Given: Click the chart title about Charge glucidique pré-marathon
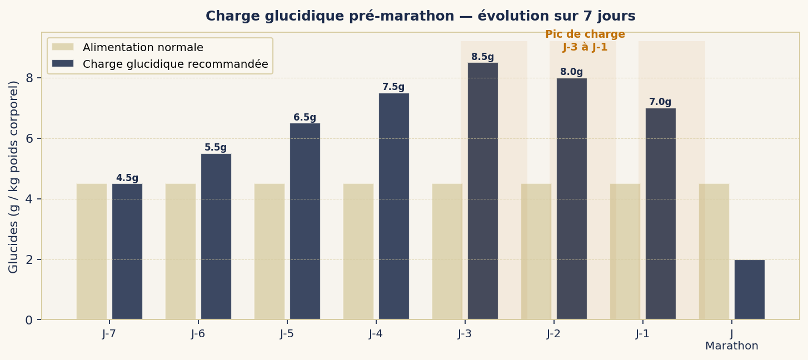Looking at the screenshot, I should [420, 16].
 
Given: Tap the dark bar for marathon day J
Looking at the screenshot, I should [749, 289].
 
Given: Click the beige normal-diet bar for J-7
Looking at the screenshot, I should [92, 251].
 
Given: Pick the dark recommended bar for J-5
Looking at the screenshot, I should [305, 221].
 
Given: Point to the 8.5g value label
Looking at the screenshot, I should [482, 57].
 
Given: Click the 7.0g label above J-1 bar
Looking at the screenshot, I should [660, 102].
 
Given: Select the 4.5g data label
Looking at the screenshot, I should [127, 178].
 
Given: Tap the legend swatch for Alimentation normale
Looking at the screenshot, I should [62, 47].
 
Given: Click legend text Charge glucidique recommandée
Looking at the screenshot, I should [175, 64].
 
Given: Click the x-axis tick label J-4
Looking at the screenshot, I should [376, 334].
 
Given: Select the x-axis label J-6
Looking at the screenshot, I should [198, 334].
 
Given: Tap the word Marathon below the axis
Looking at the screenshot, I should [731, 346].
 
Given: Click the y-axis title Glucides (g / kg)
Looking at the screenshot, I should [14, 177].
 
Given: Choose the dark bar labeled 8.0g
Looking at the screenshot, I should [571, 198].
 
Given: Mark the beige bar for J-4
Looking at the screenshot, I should [358, 251].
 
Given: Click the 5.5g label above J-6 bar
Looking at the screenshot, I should [216, 148].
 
